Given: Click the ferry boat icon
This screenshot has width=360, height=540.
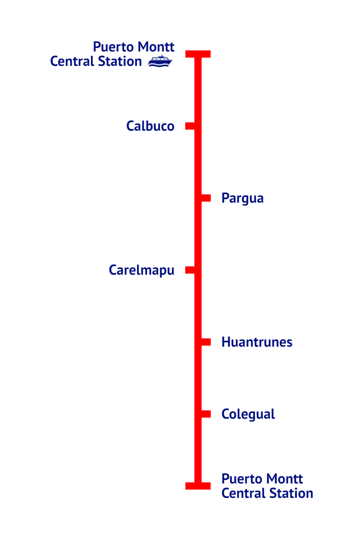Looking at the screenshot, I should (160, 61).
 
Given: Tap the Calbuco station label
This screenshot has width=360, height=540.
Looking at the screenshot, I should (150, 126).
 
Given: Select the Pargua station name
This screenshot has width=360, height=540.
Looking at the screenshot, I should (242, 198).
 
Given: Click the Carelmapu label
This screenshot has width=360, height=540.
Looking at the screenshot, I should (141, 270).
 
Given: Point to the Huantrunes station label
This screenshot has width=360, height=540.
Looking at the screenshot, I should (257, 342).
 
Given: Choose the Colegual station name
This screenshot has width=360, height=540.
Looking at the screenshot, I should (248, 414).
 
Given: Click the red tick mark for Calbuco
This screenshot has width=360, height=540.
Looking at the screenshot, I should (190, 126).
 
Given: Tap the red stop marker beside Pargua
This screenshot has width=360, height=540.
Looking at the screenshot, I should (206, 198).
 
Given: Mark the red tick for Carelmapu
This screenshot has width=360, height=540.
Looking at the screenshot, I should (190, 270).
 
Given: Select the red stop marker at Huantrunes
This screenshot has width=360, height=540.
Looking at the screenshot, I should (206, 342).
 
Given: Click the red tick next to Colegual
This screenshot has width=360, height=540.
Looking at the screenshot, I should (206, 414).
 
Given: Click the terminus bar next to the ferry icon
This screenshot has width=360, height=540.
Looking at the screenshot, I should (198, 54).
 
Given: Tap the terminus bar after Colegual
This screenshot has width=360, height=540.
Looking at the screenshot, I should (198, 486).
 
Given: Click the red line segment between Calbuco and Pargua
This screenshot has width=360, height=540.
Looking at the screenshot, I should (198, 162).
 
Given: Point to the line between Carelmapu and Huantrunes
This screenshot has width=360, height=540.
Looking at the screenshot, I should (198, 306).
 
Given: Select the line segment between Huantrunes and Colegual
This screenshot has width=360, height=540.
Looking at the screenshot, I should (198, 378).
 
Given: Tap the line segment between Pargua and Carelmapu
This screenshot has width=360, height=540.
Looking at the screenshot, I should (198, 234).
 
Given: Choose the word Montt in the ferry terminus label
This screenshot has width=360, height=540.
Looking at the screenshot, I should (156, 47).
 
